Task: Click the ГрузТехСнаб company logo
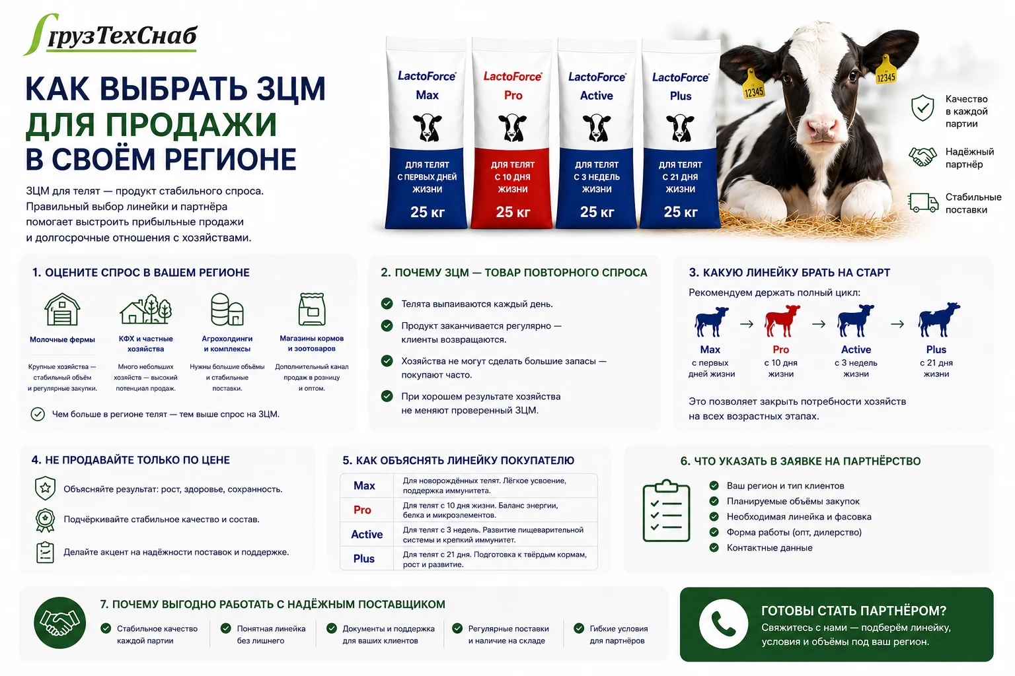point(110,35)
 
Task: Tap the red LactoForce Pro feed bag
point(513,133)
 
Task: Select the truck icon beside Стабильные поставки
point(923,203)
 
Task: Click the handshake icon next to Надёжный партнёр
point(922,157)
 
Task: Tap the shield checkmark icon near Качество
point(922,108)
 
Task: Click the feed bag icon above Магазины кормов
point(312,309)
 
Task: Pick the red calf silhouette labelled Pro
point(782,321)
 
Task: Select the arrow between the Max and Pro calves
point(747,323)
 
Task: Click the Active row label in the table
point(367,534)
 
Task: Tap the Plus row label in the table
point(364,558)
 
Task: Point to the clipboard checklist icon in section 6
point(666,511)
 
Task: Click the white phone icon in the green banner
point(723,624)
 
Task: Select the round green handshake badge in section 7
point(60,623)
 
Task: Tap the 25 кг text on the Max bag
point(427,212)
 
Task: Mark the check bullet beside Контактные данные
point(714,547)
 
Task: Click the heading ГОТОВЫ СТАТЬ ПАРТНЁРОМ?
point(854,611)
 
